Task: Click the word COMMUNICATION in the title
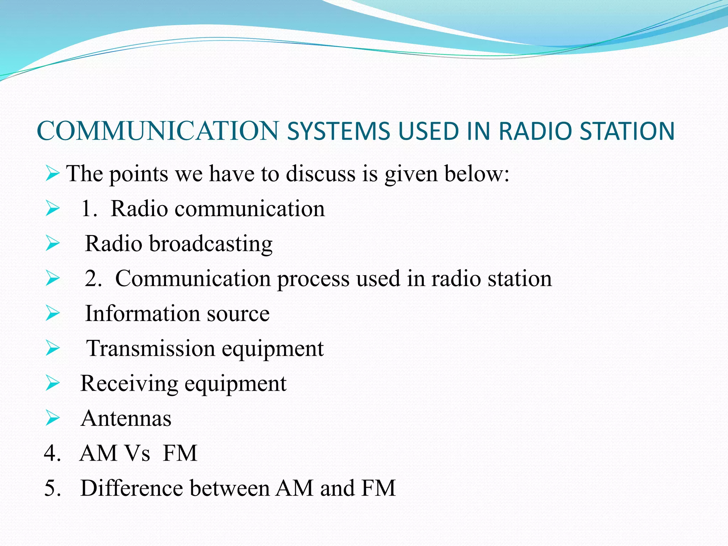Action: point(158,131)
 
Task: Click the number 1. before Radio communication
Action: point(89,209)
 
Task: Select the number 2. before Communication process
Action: point(93,278)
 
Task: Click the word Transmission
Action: point(151,348)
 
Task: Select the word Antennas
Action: point(126,418)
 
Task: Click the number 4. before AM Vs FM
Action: point(52,453)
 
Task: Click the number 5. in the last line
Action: point(52,488)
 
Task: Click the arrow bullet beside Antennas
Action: point(53,418)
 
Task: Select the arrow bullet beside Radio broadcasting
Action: point(53,244)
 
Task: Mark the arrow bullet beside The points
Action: point(53,174)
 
